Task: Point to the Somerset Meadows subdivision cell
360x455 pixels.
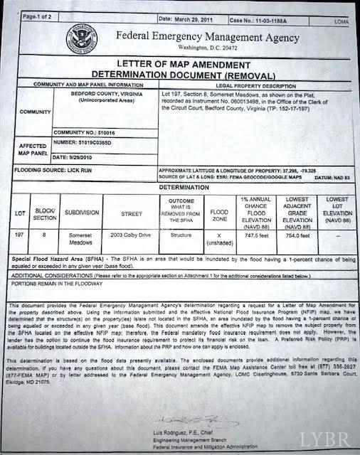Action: pos(78,237)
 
